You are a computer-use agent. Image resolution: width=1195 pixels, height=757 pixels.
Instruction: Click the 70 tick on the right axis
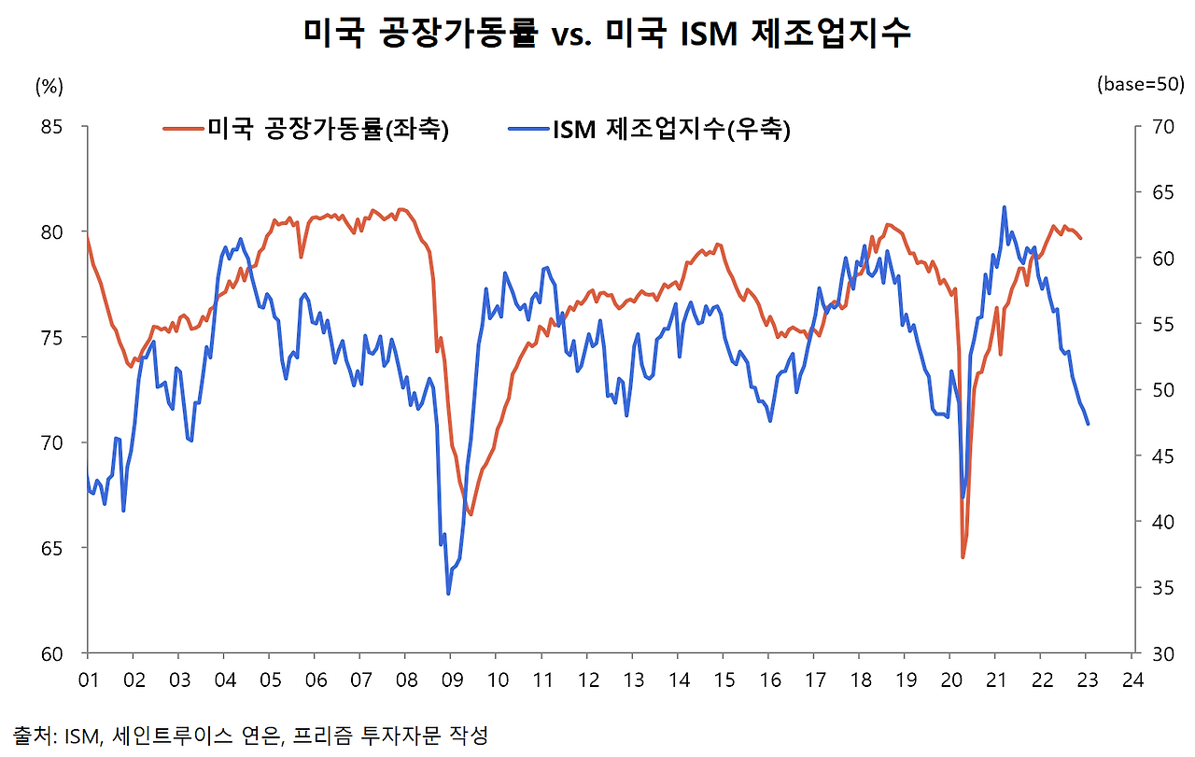tap(1158, 126)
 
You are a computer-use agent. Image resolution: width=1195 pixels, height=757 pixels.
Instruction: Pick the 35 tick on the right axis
tap(1158, 587)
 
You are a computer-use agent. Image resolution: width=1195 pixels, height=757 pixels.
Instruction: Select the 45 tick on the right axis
tap(1158, 456)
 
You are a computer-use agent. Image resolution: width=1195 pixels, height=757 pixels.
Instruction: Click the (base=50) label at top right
tap(1141, 84)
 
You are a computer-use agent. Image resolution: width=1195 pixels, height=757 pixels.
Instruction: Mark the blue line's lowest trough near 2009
tap(448, 594)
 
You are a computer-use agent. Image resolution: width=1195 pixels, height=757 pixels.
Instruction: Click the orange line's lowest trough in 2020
tap(963, 557)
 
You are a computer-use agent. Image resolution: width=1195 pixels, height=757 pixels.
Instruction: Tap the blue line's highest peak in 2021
tap(1004, 207)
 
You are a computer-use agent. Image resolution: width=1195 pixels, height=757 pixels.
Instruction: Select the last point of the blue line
tap(1088, 424)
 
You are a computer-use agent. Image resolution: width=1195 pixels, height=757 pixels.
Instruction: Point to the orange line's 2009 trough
tap(471, 514)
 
